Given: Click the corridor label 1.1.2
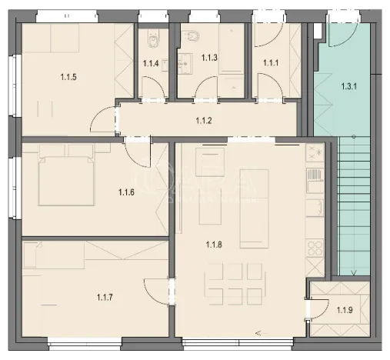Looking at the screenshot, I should pos(204,121).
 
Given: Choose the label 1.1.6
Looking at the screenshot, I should pos(127,192).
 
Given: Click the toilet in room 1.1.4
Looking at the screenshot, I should pos(154,37).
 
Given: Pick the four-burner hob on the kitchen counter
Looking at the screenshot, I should pos(315,249).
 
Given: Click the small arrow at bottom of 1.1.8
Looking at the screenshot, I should pos(257,332).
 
